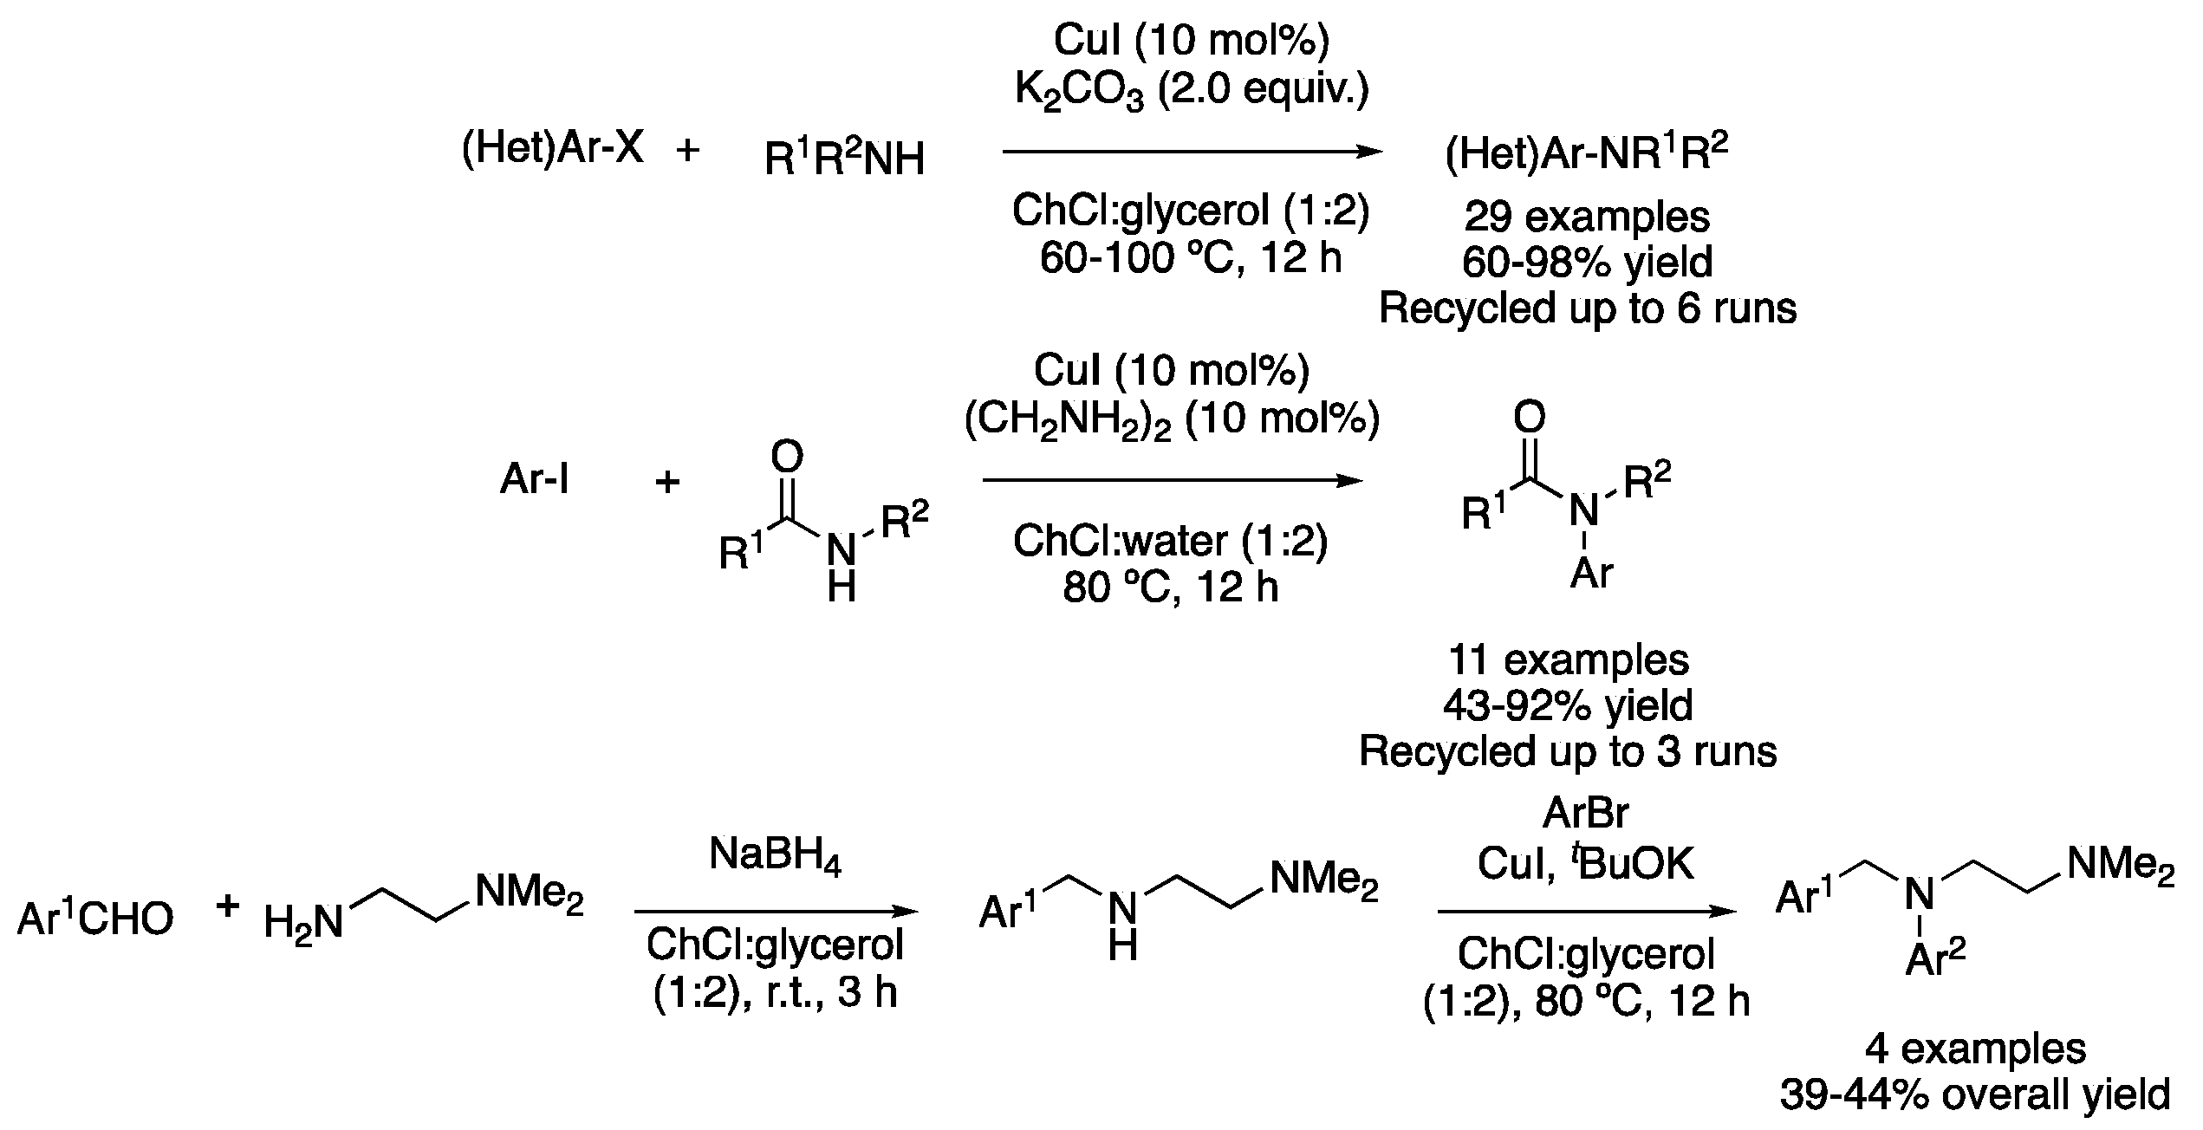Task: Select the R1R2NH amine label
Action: click(x=844, y=158)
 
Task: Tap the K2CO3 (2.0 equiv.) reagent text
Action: click(x=1191, y=90)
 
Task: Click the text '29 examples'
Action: click(x=1587, y=217)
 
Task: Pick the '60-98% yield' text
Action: click(x=1587, y=263)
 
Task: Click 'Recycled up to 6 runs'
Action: click(x=1587, y=308)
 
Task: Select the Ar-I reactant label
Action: click(x=535, y=479)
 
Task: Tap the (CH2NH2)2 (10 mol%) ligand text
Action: click(x=1172, y=419)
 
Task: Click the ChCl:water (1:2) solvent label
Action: click(x=1170, y=542)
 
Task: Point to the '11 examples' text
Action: click(x=1569, y=660)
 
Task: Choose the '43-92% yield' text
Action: click(x=1569, y=706)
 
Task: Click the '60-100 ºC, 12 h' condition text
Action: click(x=1191, y=258)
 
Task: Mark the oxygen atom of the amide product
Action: click(x=1529, y=418)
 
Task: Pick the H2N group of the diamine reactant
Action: click(x=303, y=924)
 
